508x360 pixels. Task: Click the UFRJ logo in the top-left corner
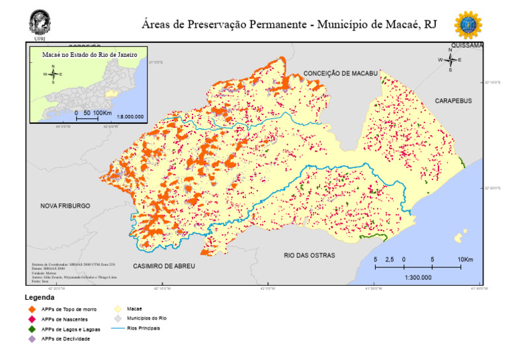click(40, 22)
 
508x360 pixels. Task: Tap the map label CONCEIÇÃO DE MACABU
click(340, 73)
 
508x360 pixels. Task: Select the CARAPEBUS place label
click(453, 101)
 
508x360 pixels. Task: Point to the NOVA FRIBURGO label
click(65, 206)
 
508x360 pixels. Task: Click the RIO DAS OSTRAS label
click(309, 255)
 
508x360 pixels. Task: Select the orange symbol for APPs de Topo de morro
click(31, 309)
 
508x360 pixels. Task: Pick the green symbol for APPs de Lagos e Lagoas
click(31, 329)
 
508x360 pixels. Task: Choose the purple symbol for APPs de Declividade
click(31, 339)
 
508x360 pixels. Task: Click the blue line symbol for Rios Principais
click(117, 328)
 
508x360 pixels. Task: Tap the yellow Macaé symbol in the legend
click(117, 308)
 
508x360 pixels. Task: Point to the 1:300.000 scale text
click(417, 277)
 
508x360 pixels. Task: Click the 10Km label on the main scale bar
click(466, 259)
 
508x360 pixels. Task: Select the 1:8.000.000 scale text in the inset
click(130, 116)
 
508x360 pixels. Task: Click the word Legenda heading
click(40, 298)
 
